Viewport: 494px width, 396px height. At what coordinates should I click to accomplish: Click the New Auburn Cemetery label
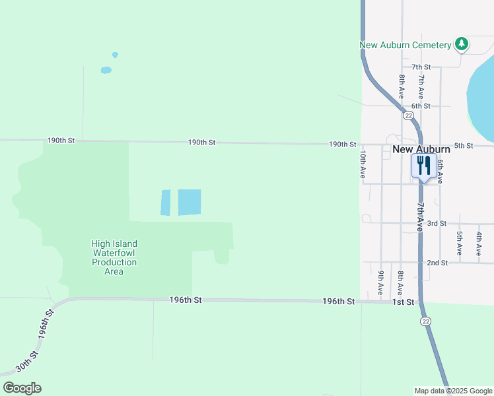[405, 45]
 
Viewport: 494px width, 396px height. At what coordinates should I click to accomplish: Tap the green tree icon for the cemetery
[462, 44]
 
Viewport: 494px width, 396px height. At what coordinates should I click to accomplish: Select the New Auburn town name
[421, 149]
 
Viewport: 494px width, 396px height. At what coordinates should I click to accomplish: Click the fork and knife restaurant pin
[423, 166]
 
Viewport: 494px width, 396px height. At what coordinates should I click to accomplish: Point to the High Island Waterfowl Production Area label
[114, 257]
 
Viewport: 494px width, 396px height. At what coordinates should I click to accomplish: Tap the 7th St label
[421, 67]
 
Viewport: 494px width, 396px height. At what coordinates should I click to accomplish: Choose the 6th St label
[421, 106]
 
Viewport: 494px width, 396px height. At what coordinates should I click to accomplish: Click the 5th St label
[464, 145]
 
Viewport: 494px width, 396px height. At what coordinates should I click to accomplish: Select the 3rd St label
[437, 224]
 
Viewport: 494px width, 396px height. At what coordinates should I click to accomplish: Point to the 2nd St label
[437, 263]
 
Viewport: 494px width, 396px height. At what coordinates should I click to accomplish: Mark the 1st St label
[403, 302]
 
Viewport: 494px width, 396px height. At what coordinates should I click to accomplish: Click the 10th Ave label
[363, 164]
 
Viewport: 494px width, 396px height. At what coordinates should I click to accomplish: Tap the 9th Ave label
[381, 282]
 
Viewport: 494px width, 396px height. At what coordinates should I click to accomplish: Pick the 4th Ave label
[479, 244]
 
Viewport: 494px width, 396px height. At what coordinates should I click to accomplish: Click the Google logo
[22, 388]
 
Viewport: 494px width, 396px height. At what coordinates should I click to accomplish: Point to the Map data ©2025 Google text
[453, 391]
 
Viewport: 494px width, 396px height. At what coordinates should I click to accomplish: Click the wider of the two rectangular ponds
[190, 202]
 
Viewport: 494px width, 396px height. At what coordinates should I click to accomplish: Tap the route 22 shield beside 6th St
[409, 115]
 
